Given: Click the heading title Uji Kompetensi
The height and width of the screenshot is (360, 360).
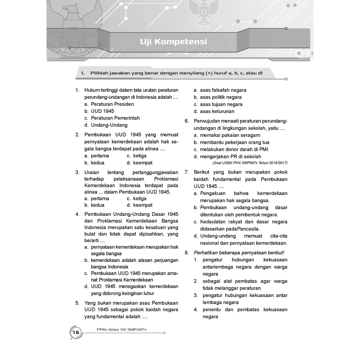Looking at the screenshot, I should (x=173, y=42).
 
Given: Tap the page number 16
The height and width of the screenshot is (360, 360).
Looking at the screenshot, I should (x=76, y=333).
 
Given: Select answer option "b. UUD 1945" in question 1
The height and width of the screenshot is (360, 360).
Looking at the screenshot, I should (x=102, y=111).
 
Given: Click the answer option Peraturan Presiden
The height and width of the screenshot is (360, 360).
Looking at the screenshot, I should (x=112, y=104).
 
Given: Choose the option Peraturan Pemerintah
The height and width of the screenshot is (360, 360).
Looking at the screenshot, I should (x=115, y=118).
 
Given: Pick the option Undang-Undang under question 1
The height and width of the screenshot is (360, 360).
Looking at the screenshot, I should (x=109, y=125).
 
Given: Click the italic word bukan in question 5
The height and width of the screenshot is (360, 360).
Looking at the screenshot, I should (x=104, y=303).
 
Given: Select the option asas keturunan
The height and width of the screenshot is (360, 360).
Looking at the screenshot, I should (x=217, y=111).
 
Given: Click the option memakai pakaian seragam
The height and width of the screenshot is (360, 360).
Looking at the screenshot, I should (x=230, y=135).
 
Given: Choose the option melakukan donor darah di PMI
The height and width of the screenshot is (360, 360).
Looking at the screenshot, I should (x=234, y=149).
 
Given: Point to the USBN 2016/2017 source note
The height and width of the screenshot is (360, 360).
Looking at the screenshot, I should (x=250, y=163).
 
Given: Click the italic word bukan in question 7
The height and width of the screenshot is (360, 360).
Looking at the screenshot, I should (x=234, y=172).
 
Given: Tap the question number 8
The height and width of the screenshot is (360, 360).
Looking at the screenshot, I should (x=187, y=252).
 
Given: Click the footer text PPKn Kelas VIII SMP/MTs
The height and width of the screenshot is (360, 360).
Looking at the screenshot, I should (x=121, y=329).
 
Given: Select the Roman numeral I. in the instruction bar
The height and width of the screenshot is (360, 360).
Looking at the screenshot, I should (x=83, y=73).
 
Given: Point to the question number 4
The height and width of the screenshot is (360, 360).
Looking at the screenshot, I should (x=77, y=214).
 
